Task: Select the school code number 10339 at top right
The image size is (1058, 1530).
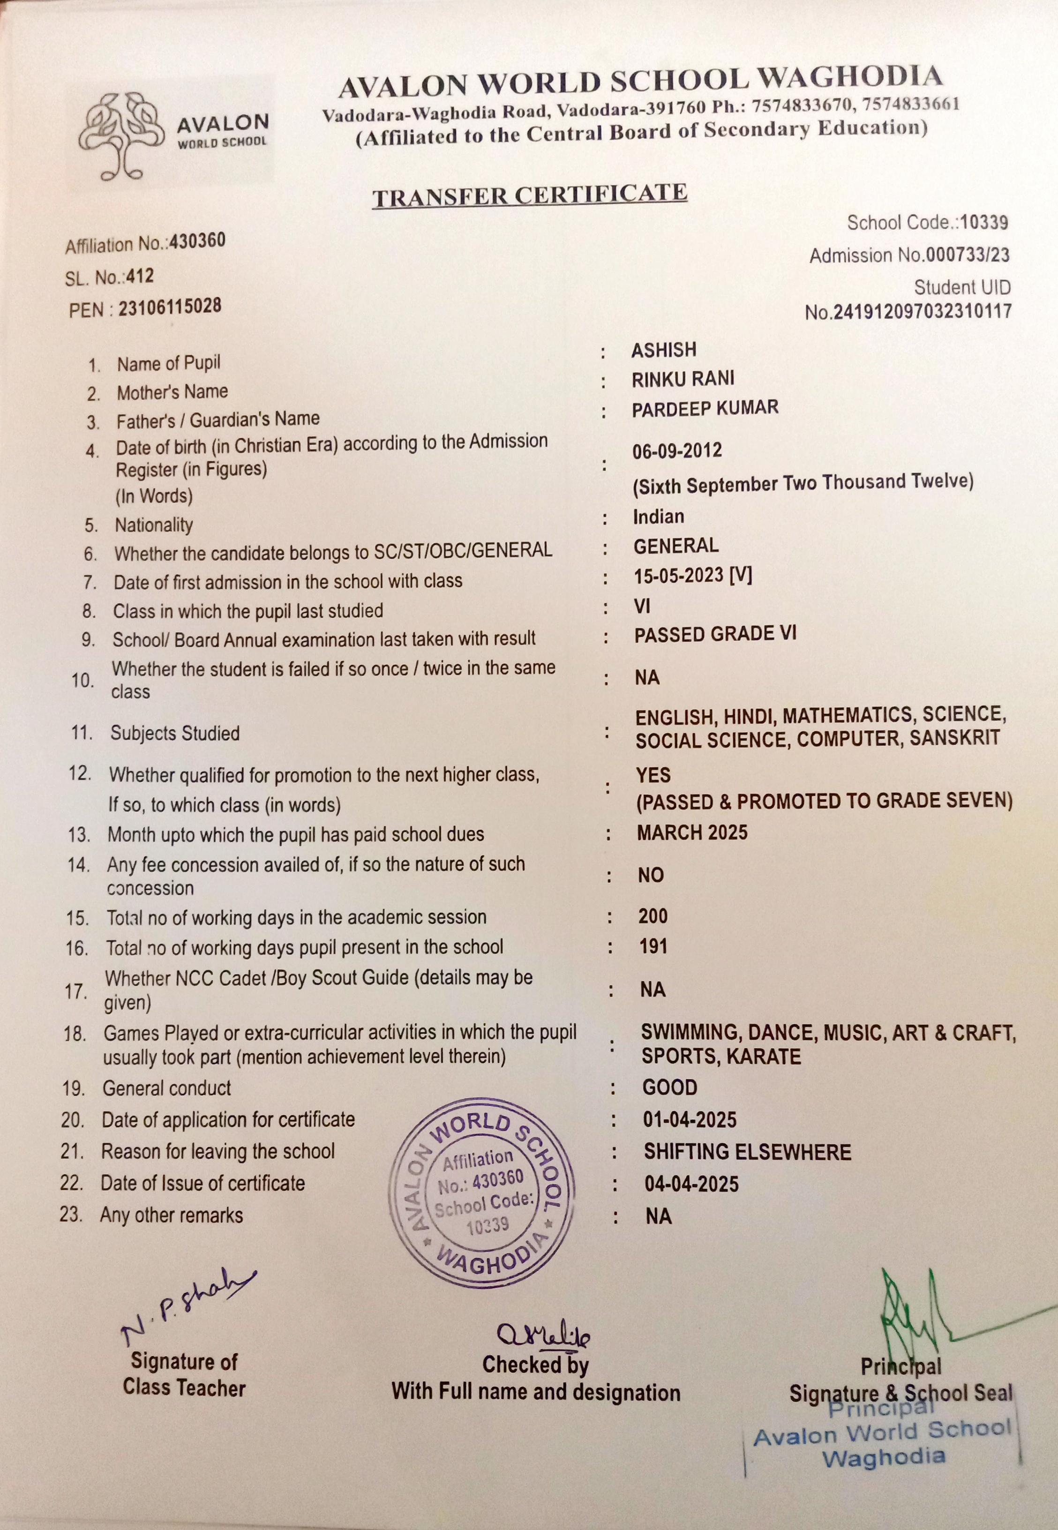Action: click(x=984, y=222)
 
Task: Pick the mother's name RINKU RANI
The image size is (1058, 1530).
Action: click(x=683, y=379)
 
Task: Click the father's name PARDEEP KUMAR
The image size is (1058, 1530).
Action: click(x=705, y=408)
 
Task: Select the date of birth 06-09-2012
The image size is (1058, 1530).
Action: click(x=677, y=451)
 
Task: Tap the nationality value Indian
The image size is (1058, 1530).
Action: click(x=658, y=517)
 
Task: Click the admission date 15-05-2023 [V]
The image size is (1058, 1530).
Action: click(x=693, y=576)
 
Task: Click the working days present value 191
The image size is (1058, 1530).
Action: click(x=653, y=946)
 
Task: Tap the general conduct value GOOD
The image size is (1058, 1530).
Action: click(x=669, y=1087)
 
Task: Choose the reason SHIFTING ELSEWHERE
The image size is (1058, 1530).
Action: click(x=747, y=1152)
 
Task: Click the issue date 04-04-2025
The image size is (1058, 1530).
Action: click(x=691, y=1184)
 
